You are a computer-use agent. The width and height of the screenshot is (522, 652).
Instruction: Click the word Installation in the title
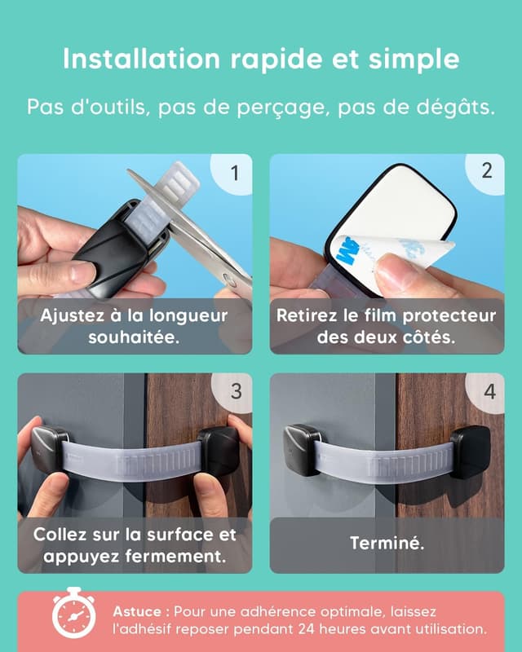pos(141,59)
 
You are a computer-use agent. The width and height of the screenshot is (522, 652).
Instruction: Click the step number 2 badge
pos(485,172)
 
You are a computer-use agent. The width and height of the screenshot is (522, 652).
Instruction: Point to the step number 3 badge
pos(234,392)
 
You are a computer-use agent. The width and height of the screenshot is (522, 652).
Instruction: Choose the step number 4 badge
pos(488,392)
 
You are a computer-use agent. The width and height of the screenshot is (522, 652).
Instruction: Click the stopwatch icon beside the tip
pos(73,613)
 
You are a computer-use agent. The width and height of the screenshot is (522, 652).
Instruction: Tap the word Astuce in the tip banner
pos(137,612)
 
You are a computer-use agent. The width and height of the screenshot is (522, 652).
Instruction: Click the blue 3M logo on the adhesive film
pos(349,251)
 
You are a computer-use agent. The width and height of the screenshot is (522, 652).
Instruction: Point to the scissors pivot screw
pos(228,280)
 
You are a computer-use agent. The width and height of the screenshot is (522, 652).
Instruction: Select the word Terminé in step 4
pos(387,543)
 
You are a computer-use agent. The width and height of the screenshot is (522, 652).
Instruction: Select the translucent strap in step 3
pos(132,460)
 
